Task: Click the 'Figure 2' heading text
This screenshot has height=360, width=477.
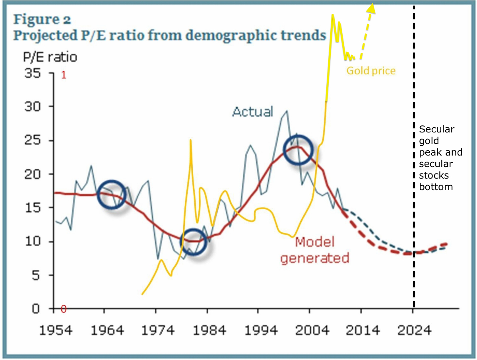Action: (x=43, y=19)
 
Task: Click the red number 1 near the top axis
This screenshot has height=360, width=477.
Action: (x=63, y=75)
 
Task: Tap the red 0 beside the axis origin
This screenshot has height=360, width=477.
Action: (x=63, y=309)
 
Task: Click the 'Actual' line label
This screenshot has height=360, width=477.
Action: (x=253, y=112)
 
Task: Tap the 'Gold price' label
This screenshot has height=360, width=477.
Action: (x=371, y=71)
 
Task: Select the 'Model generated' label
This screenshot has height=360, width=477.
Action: (x=315, y=250)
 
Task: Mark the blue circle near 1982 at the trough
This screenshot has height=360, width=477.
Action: (x=194, y=242)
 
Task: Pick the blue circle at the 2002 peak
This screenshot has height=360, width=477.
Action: (x=299, y=150)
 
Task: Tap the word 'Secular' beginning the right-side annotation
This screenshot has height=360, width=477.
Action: (x=437, y=130)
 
